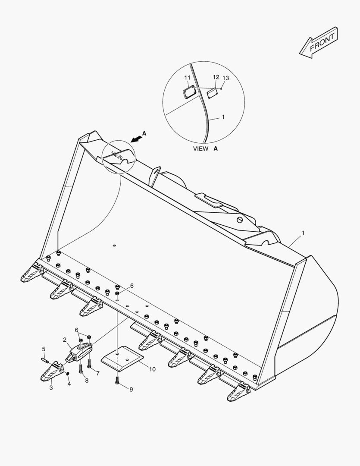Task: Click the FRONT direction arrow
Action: (319, 42)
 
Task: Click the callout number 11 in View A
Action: (187, 78)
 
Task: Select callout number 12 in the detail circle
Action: (216, 77)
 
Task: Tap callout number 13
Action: (226, 78)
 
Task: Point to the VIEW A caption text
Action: (205, 148)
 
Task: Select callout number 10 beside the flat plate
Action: (152, 369)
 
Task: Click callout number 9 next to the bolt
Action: (131, 390)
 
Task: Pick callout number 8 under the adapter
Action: (86, 381)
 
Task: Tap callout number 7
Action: (98, 374)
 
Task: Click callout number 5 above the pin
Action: (44, 349)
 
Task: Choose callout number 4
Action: (69, 384)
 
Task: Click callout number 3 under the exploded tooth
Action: (51, 388)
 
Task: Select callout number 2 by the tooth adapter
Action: (65, 340)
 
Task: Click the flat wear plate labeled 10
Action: (122, 359)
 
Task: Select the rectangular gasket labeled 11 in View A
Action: (188, 92)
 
